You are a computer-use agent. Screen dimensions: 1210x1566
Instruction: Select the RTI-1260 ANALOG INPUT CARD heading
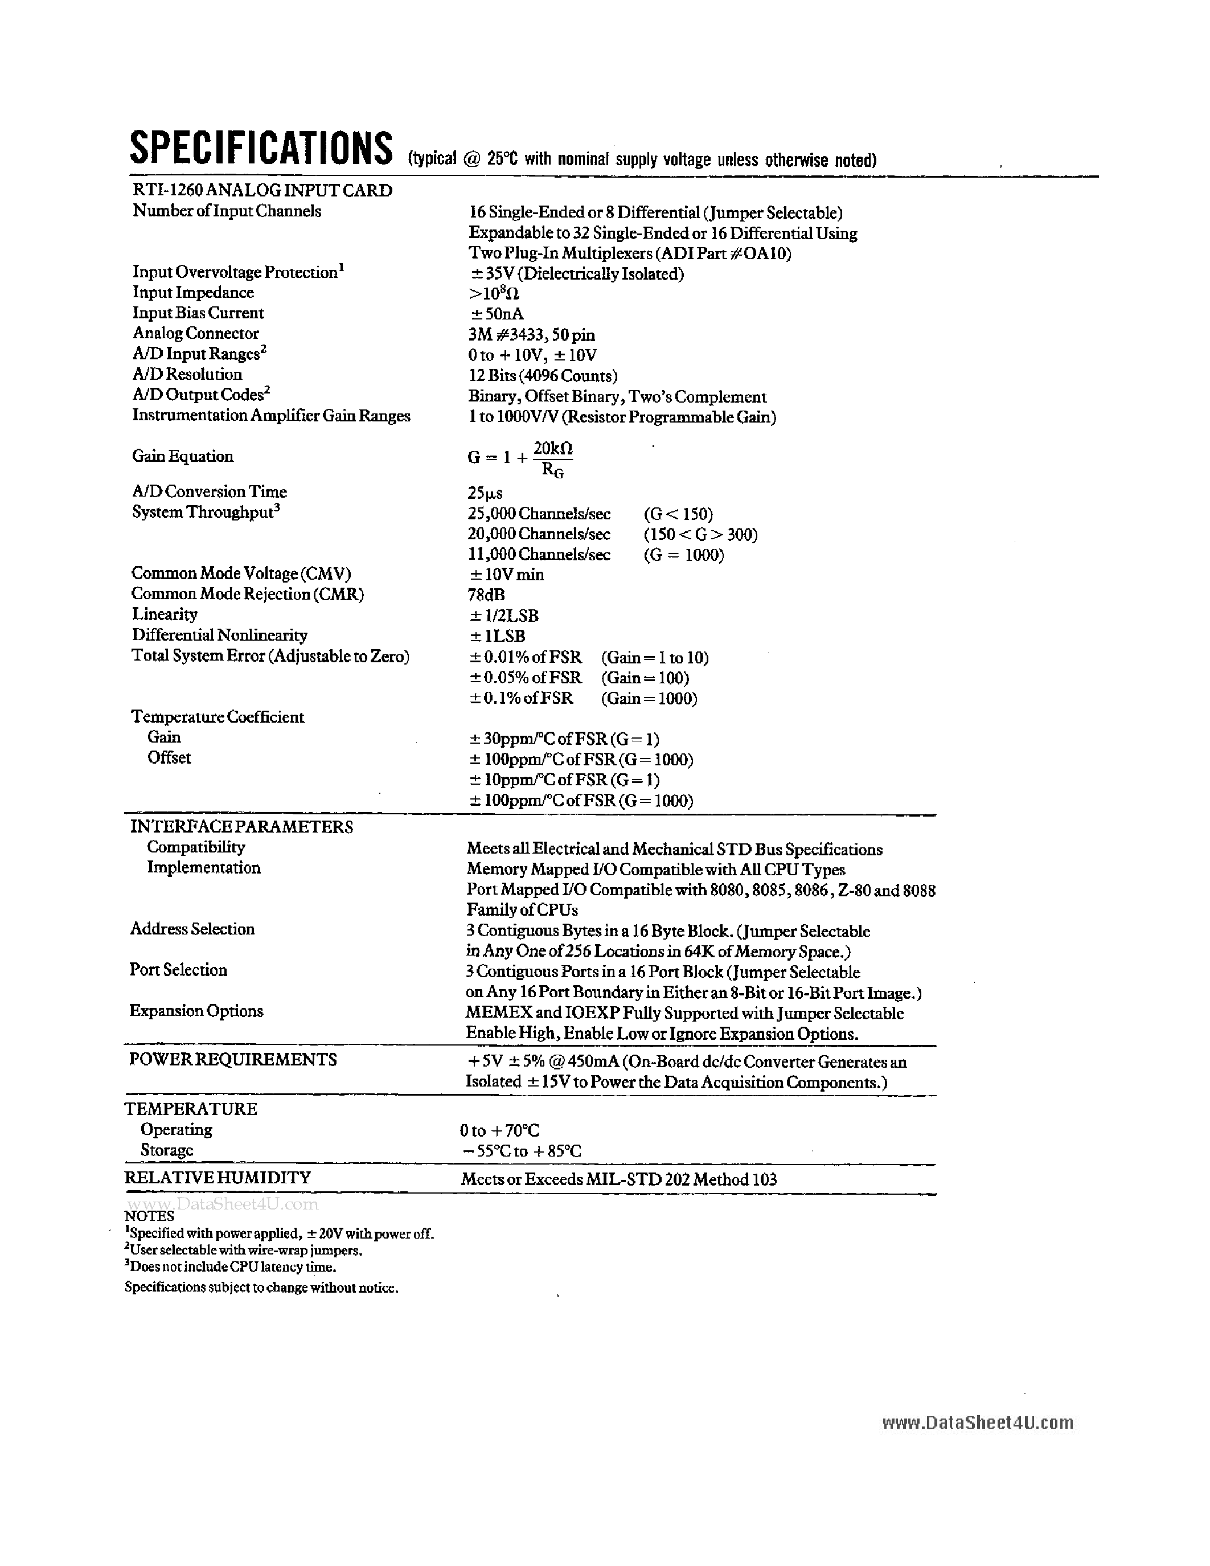pos(262,191)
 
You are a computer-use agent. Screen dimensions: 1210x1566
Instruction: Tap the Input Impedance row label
pos(193,293)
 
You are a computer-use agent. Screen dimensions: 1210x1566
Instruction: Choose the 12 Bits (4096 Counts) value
pos(543,376)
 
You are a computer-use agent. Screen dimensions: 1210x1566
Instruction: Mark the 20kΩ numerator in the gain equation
pos(553,449)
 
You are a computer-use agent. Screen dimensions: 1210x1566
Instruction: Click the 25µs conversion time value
pos(485,493)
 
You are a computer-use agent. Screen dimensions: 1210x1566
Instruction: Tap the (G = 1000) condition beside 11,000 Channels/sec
pos(684,555)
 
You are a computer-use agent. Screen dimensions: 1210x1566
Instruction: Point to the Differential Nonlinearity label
pos(219,636)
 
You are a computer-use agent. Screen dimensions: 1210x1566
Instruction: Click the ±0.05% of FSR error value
pos(526,678)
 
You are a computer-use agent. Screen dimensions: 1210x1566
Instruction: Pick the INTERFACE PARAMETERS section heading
pos(241,827)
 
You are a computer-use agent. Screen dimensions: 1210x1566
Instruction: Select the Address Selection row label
pos(192,929)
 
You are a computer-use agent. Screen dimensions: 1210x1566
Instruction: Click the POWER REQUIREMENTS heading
pos(233,1060)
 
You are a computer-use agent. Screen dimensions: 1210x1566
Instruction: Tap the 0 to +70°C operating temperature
pos(499,1131)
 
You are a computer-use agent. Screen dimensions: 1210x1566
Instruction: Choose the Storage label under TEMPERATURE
pos(167,1150)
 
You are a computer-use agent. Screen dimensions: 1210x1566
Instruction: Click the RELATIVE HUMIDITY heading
pos(218,1178)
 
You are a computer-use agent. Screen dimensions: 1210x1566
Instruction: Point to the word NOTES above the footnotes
pos(149,1216)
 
